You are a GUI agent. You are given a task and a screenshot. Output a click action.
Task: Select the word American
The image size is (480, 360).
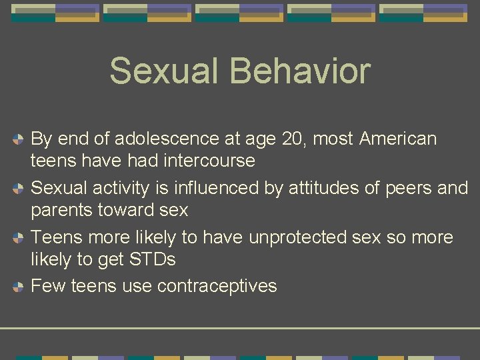pos(398,139)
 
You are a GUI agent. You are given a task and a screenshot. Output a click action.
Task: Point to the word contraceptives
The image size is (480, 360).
pos(217,286)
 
